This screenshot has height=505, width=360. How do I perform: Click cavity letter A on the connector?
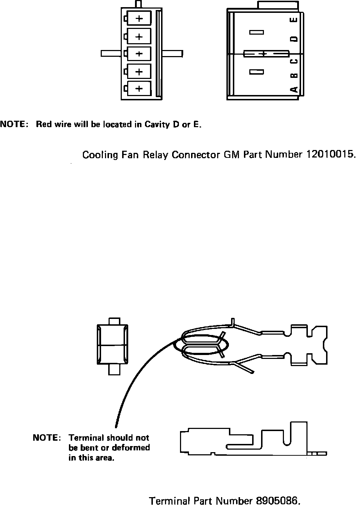pyautogui.click(x=294, y=89)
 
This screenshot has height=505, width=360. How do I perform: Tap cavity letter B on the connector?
pyautogui.click(x=294, y=76)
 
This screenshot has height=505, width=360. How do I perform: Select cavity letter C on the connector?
pyautogui.click(x=294, y=61)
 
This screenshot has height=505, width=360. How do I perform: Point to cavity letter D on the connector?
pyautogui.click(x=294, y=39)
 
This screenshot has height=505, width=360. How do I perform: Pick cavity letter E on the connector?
pyautogui.click(x=294, y=20)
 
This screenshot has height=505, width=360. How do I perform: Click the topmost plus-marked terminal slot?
pyautogui.click(x=139, y=18)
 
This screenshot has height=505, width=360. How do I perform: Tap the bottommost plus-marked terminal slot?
pyautogui.click(x=139, y=88)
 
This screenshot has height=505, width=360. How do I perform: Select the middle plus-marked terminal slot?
pyautogui.click(x=139, y=54)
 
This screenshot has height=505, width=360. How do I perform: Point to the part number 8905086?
pyautogui.click(x=276, y=501)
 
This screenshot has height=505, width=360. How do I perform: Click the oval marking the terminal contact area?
pyautogui.click(x=201, y=345)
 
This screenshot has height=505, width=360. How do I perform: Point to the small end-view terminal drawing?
pyautogui.click(x=112, y=345)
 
